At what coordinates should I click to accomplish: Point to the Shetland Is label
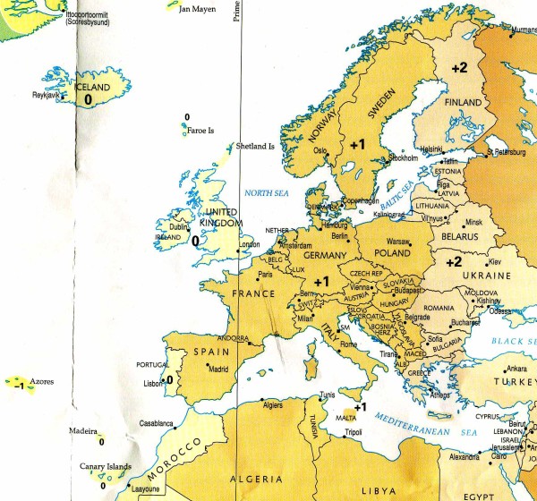(254, 146)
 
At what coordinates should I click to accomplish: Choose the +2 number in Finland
(459, 68)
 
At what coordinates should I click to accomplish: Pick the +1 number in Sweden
(358, 144)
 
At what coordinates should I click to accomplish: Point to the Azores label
(42, 382)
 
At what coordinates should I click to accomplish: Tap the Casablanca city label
(157, 422)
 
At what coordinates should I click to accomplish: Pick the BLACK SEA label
(515, 344)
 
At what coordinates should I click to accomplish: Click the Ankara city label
(516, 368)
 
